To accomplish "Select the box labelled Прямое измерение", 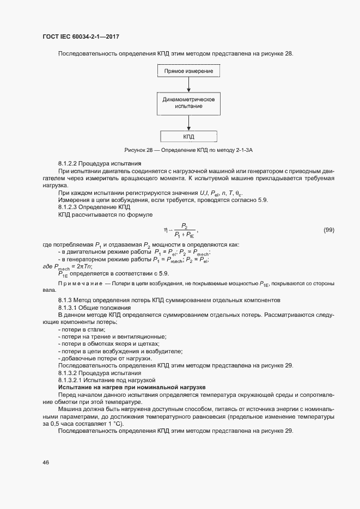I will coord(188,71).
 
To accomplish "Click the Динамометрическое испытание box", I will coord(188,102).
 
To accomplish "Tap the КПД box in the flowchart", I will coord(188,137).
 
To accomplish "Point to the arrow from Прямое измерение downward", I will coord(188,84).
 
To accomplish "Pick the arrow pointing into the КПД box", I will coord(188,123).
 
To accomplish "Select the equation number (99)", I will coord(328,230).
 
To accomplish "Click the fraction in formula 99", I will coord(185,230).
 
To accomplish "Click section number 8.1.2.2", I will coord(70,163).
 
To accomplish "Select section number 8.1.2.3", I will coord(70,207).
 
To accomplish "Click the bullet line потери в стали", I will coord(82,329).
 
